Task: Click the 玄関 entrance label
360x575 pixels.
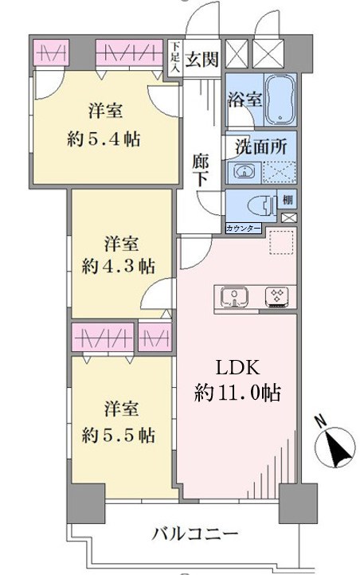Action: coord(202,59)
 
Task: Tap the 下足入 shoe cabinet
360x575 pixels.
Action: coord(175,58)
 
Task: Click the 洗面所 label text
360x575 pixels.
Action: coord(260,147)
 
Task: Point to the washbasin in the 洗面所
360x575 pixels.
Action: coord(243,171)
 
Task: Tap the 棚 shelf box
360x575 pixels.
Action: coord(288,200)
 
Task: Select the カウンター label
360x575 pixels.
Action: coord(243,229)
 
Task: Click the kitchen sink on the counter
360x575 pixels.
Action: coord(235,296)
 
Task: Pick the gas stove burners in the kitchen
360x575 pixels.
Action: coord(277,296)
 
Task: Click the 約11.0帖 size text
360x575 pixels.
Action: coord(238,393)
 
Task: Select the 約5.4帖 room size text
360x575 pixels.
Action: coord(104,139)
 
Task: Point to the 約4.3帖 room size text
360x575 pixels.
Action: coord(118,265)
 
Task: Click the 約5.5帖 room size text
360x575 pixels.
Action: coord(118,435)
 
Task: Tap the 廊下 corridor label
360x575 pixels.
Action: coord(201,171)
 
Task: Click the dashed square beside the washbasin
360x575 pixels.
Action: coord(280,171)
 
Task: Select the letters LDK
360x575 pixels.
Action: coord(238,368)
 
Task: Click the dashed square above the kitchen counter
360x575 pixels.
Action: coord(283,241)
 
